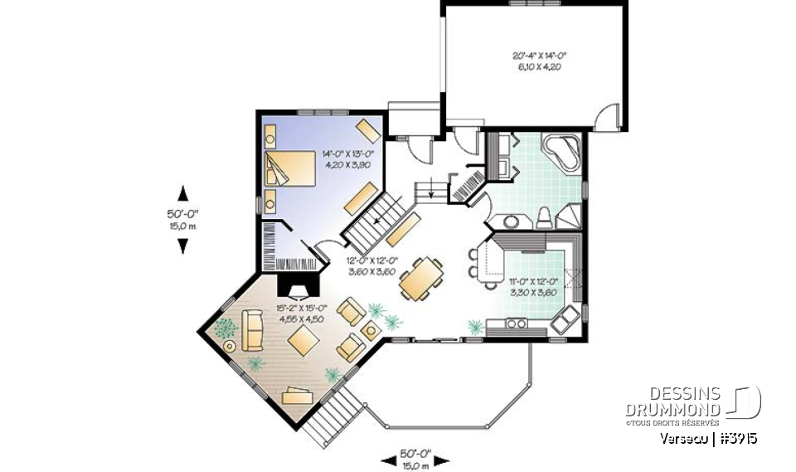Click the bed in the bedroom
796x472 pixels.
coord(290,168)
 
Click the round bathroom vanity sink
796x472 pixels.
coord(509,221)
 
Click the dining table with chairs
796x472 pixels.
coord(420,280)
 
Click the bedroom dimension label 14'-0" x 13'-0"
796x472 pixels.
coord(349,159)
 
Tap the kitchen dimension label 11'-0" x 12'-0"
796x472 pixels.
coord(531,286)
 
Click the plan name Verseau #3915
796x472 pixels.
coord(710,439)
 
